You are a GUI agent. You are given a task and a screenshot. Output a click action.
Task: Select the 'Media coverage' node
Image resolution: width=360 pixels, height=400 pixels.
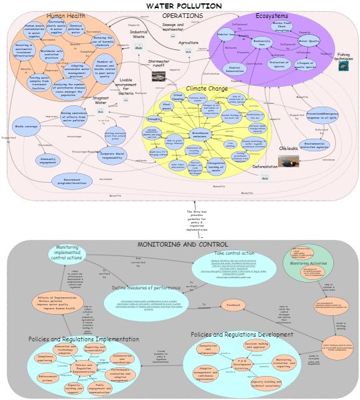point(25,127)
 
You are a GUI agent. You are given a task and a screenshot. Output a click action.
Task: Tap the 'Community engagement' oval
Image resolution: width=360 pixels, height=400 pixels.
point(47,160)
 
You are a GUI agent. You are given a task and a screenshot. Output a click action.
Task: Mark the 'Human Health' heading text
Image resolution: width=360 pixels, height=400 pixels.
point(65,16)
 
